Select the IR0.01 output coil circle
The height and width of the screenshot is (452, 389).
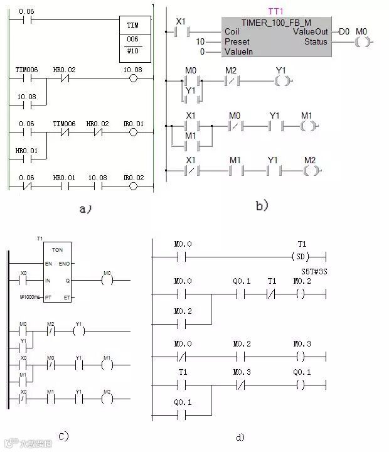[132, 132]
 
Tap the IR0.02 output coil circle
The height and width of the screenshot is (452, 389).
[132, 186]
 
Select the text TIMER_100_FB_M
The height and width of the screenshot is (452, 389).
[276, 21]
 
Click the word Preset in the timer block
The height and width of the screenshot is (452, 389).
[237, 41]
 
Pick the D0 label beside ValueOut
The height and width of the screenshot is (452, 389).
[344, 31]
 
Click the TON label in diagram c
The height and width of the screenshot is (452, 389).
[57, 249]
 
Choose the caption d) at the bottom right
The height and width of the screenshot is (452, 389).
[240, 437]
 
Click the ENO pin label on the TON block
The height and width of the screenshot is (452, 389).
[64, 264]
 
